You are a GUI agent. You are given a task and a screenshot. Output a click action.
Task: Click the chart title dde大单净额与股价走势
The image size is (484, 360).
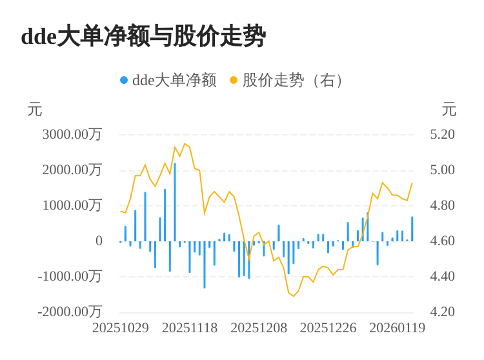[143, 36]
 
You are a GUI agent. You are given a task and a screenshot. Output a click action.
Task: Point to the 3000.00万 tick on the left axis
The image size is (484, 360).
[72, 134]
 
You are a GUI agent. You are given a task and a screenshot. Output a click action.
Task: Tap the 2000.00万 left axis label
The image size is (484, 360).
[72, 170]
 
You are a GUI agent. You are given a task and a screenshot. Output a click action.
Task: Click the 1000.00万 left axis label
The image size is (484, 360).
[72, 205]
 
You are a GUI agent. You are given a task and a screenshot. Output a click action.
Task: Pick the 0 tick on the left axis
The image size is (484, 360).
[99, 241]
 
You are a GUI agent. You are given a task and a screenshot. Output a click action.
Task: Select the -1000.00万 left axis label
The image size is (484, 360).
[70, 276]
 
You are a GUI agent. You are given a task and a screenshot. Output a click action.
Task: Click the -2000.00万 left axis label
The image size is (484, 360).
[70, 312]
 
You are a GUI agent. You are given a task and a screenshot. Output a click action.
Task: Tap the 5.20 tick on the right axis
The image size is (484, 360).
[442, 134]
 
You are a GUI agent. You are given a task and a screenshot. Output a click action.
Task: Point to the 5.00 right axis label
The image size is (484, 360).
[442, 170]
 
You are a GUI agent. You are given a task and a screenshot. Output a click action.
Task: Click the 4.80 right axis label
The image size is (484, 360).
[442, 205]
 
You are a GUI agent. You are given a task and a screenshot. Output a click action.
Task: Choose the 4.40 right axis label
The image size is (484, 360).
[442, 276]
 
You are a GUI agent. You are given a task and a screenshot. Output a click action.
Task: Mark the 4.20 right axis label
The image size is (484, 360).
[442, 312]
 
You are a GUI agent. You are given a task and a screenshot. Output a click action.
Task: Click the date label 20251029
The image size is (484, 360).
[121, 328]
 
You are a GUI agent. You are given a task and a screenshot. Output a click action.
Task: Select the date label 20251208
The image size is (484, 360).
[259, 328]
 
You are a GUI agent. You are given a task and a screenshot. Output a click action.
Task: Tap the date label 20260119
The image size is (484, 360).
[397, 328]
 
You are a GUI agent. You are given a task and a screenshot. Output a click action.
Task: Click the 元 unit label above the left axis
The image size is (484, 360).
[35, 110]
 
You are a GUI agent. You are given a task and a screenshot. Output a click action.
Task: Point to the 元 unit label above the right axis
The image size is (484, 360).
[449, 110]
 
